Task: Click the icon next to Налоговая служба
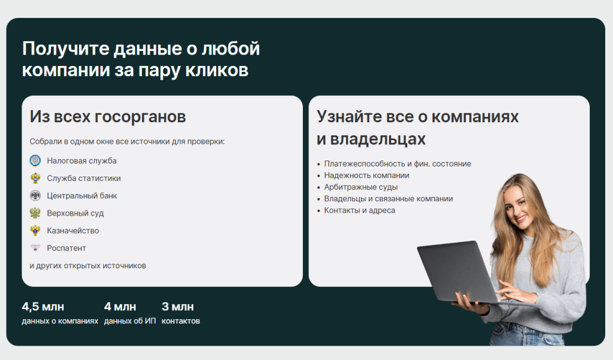tap(35, 161)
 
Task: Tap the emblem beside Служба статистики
tap(35, 178)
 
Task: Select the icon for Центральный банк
tap(35, 196)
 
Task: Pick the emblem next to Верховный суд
tap(35, 213)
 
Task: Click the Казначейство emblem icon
tap(35, 231)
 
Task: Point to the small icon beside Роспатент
tap(35, 248)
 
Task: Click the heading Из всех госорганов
tap(108, 117)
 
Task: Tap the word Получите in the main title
tap(66, 49)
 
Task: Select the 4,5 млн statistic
tap(43, 307)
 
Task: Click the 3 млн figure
tap(177, 307)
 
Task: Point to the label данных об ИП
tap(130, 321)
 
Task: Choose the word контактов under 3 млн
tap(181, 321)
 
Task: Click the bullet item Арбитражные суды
tap(361, 187)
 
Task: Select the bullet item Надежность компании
tap(367, 176)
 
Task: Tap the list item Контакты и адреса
tap(360, 210)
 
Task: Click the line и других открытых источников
tap(87, 266)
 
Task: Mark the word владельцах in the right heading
tap(378, 139)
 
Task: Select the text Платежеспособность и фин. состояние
tap(397, 164)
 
